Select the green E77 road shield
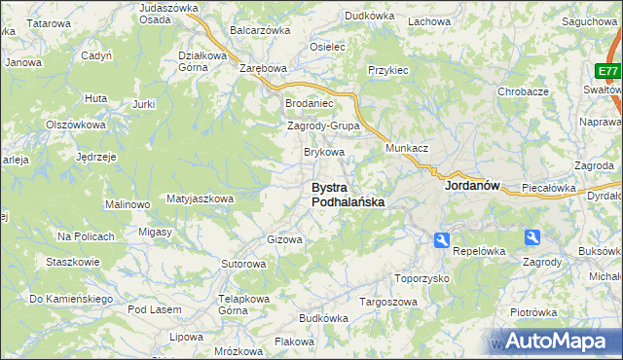[608, 72]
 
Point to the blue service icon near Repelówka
[441, 239]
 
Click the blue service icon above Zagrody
[531, 236]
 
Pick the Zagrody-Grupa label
[323, 126]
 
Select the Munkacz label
[407, 148]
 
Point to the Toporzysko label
[421, 278]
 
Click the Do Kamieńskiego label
[71, 299]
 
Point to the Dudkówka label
[369, 16]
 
